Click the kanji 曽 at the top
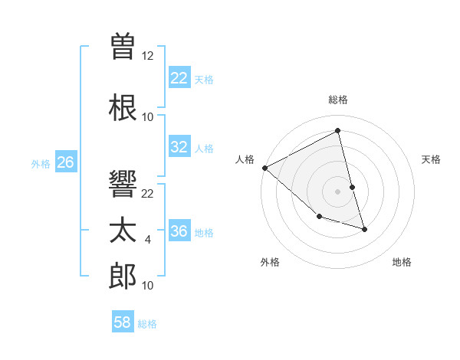tap(123, 47)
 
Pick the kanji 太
tap(123, 231)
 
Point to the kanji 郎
tap(123, 277)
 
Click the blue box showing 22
tap(179, 77)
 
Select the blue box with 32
tap(179, 147)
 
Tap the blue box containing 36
tap(179, 231)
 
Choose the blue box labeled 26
tap(66, 162)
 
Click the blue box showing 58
tap(123, 322)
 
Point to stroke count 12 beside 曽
tap(148, 56)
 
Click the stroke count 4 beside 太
tap(148, 240)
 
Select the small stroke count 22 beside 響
tap(148, 194)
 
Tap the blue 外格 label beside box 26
tap(41, 163)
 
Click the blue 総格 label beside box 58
tap(147, 324)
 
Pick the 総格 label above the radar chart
tap(338, 100)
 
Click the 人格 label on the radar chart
tap(245, 159)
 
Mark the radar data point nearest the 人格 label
tap(265, 168)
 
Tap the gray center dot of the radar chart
tap(338, 191)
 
